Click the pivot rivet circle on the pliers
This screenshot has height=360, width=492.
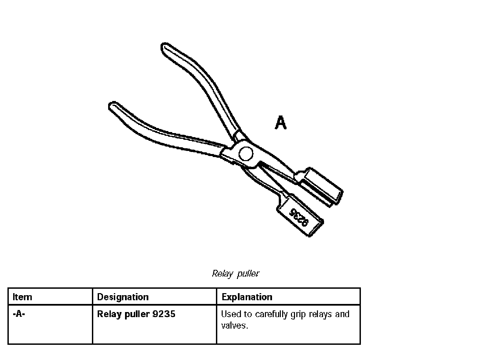(246, 154)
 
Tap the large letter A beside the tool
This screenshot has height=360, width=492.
(280, 123)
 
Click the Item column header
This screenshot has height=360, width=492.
(22, 297)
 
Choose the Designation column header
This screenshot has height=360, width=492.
(123, 297)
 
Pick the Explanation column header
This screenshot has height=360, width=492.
(247, 297)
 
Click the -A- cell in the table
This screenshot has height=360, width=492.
(19, 314)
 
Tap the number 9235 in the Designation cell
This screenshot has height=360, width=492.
(164, 314)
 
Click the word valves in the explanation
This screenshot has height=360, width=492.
(234, 326)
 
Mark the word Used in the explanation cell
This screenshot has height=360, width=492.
(231, 314)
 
